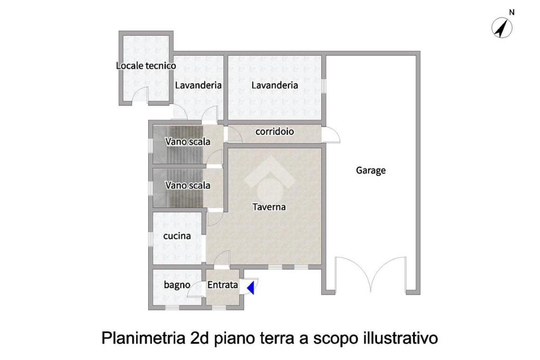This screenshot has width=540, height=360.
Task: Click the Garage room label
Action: click(371, 171)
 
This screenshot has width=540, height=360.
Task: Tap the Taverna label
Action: click(269, 207)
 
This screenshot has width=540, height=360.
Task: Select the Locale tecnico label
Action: click(146, 65)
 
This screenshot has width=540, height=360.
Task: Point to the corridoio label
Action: click(274, 131)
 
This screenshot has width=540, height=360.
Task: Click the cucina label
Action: click(177, 236)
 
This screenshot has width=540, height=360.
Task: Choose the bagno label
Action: click(177, 285)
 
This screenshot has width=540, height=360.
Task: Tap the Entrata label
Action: click(223, 285)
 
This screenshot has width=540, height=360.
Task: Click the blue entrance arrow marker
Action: click(250, 287)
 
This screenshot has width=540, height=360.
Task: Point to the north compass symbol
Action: click(502, 28)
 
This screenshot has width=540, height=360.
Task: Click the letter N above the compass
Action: click(512, 13)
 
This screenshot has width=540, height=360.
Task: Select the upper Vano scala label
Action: click(188, 141)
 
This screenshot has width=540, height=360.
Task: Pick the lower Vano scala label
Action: click(188, 185)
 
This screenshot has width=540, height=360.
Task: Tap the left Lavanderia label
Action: click(198, 85)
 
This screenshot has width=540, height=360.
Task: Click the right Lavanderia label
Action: click(274, 85)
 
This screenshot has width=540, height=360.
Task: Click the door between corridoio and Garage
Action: click(331, 135)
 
